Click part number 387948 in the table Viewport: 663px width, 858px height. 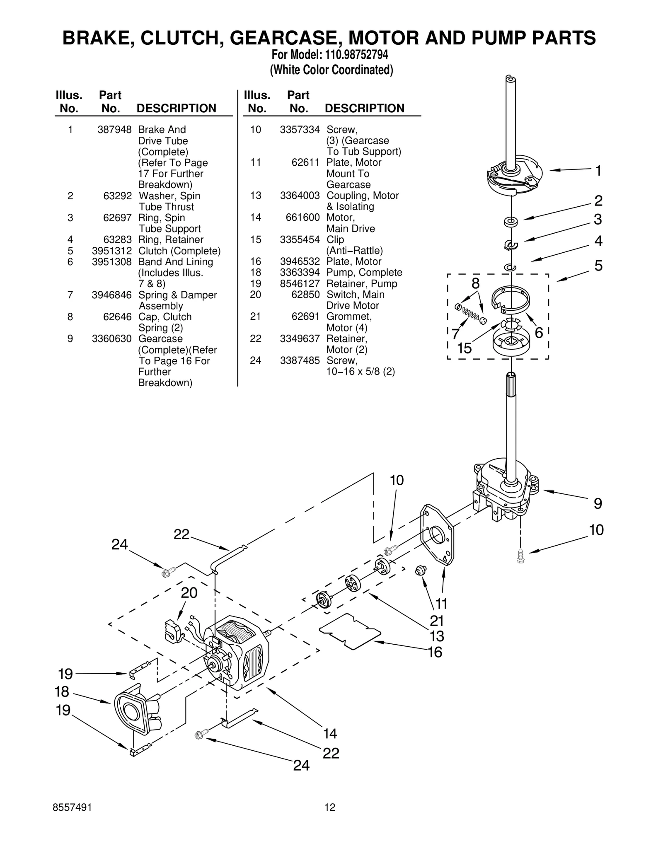tap(114, 130)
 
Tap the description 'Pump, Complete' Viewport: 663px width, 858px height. tap(364, 273)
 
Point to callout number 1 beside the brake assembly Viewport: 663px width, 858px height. tap(598, 171)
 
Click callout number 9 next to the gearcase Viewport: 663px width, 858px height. tap(598, 504)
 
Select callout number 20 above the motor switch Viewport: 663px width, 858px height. tap(189, 593)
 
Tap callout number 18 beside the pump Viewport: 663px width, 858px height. tap(62, 691)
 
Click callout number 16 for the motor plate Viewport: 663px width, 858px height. tap(435, 653)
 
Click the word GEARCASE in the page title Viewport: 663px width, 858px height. tap(284, 38)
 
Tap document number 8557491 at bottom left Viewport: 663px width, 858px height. tap(73, 807)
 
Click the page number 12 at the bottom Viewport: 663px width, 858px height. tap(330, 807)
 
